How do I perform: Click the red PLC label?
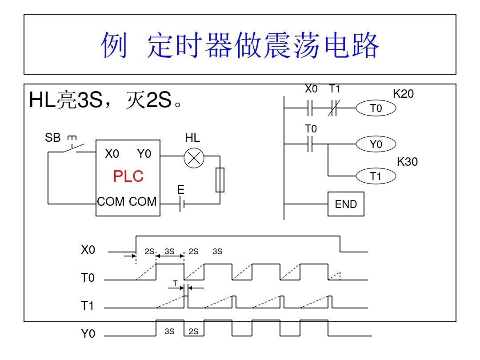(x=128, y=176)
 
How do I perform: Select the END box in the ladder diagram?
(x=346, y=204)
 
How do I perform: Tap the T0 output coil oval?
(x=376, y=108)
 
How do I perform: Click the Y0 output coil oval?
(x=376, y=144)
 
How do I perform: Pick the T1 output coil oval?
(x=376, y=176)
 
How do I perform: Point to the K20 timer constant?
(x=403, y=94)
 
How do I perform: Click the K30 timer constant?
(x=407, y=162)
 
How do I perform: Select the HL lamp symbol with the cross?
(x=194, y=159)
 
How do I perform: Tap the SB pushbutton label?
(x=52, y=138)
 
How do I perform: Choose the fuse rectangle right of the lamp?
(x=220, y=180)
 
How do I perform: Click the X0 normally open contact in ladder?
(x=311, y=108)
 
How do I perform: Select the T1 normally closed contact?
(x=334, y=108)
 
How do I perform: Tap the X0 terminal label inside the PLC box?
(x=112, y=154)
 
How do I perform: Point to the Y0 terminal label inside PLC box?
(x=144, y=154)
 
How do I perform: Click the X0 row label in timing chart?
(x=88, y=250)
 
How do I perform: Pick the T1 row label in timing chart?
(x=88, y=306)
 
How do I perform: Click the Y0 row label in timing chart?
(x=88, y=334)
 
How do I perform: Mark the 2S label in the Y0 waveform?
(x=193, y=332)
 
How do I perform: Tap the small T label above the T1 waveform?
(x=175, y=283)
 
